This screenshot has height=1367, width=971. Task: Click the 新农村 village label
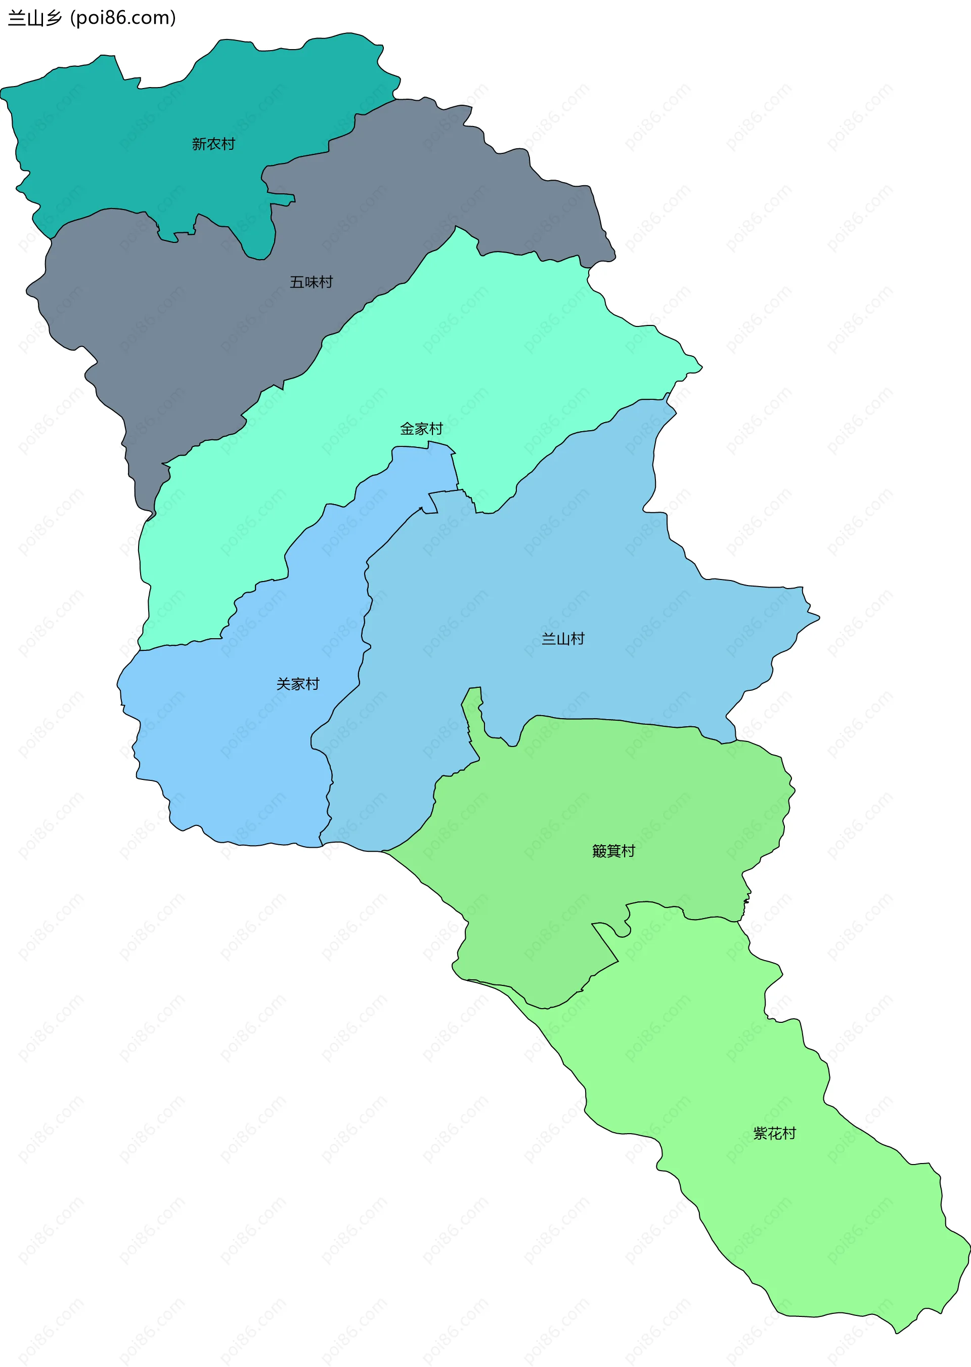(213, 144)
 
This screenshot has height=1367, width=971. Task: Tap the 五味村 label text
(311, 282)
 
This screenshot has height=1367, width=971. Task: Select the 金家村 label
(421, 429)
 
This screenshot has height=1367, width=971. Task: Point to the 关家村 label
(298, 684)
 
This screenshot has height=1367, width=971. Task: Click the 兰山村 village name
(563, 639)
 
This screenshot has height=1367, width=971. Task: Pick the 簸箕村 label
(613, 851)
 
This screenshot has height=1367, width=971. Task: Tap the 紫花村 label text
(774, 1134)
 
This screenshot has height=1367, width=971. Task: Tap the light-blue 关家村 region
(239, 748)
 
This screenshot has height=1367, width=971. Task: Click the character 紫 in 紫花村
(760, 1134)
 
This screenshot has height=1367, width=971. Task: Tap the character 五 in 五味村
(296, 282)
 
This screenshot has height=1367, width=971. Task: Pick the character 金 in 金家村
(407, 429)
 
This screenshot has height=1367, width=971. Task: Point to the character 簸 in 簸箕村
(599, 851)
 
